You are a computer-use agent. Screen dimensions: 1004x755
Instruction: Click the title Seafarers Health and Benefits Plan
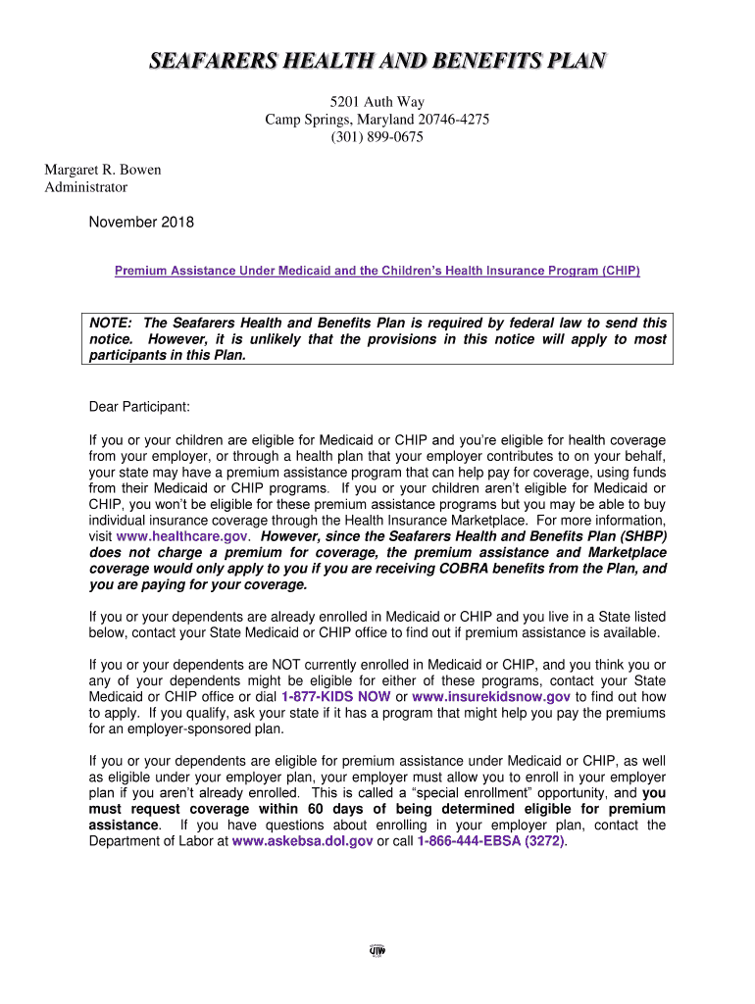click(x=377, y=63)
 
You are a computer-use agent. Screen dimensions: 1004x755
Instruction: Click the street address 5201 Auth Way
click(x=377, y=101)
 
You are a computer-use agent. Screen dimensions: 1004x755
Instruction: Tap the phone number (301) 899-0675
click(x=377, y=136)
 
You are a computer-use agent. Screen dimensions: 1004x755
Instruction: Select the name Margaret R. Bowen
click(x=103, y=170)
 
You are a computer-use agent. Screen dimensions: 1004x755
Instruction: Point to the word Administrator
click(x=86, y=186)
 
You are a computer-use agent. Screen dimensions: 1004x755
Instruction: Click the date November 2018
click(x=141, y=223)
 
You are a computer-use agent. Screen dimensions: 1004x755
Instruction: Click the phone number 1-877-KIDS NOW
click(x=336, y=696)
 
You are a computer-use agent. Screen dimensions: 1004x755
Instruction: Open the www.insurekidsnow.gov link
click(x=491, y=696)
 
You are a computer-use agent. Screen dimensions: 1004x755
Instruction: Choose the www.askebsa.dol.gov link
click(x=302, y=841)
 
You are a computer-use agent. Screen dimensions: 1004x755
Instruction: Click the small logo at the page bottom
click(x=377, y=950)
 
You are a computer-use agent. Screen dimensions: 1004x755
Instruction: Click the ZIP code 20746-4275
click(x=440, y=119)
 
